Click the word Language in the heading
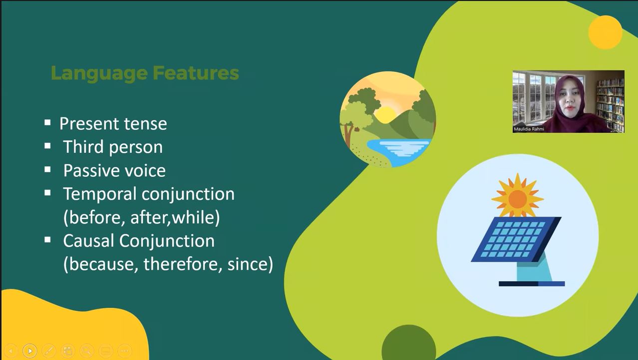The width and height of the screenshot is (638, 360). [x=99, y=73]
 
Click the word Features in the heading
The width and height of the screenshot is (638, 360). [x=196, y=73]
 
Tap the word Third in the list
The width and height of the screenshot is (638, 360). [x=83, y=147]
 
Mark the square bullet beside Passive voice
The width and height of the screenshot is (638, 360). [x=47, y=169]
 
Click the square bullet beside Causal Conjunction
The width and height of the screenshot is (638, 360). [x=47, y=240]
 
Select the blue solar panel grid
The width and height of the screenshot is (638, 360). [x=516, y=239]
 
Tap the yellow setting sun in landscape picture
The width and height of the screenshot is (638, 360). [x=385, y=115]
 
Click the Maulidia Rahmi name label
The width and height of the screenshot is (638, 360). [x=529, y=129]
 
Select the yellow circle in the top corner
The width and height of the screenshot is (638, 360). [x=605, y=32]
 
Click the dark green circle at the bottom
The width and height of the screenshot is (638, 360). [x=409, y=343]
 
